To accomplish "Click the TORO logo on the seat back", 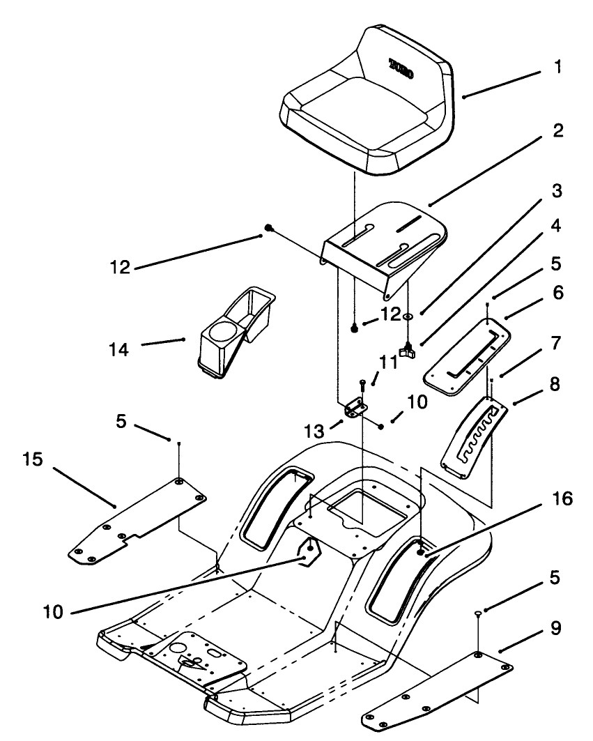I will pyautogui.click(x=400, y=70).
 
